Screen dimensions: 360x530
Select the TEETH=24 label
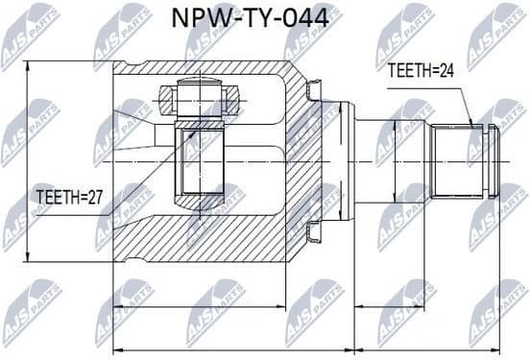(421, 69)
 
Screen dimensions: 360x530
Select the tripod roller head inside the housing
(200, 97)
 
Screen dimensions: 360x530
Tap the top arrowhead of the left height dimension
(30, 65)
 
